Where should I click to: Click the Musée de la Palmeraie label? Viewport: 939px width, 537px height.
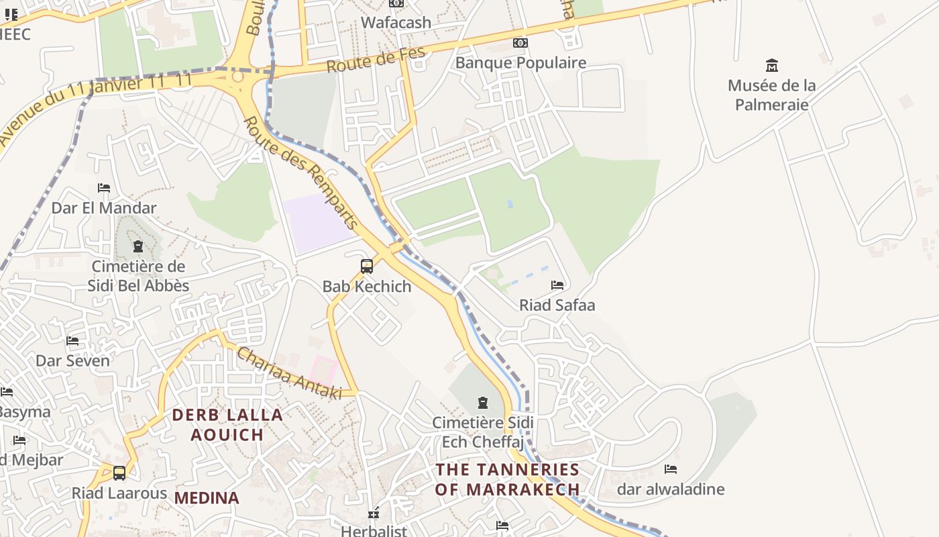click(x=771, y=95)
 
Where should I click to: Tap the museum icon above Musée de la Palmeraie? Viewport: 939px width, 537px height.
click(x=772, y=66)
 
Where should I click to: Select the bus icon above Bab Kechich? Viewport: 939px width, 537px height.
click(x=367, y=266)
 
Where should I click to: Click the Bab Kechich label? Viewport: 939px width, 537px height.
click(x=367, y=286)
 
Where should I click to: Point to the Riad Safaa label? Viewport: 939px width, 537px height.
click(x=557, y=305)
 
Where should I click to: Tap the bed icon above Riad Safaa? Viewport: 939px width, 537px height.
click(x=557, y=285)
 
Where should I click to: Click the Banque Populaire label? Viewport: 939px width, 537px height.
click(x=520, y=62)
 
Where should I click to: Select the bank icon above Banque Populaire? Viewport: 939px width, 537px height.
click(x=520, y=43)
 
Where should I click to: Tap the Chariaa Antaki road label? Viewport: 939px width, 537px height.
click(x=288, y=373)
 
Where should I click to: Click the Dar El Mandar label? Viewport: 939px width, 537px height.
click(x=104, y=207)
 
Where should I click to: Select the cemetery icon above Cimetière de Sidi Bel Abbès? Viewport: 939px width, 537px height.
click(x=138, y=247)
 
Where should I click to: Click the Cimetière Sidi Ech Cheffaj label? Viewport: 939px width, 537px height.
click(x=483, y=432)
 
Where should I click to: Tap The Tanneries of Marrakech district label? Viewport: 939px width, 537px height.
click(x=507, y=479)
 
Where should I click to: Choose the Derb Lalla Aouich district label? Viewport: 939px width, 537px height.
click(x=227, y=424)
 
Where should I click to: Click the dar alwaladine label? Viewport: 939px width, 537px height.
click(x=671, y=489)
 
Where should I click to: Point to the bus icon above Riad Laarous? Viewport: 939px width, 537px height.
click(x=119, y=473)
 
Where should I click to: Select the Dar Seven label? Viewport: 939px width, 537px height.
click(x=72, y=360)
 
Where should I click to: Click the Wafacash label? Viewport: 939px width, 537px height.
click(x=396, y=22)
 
